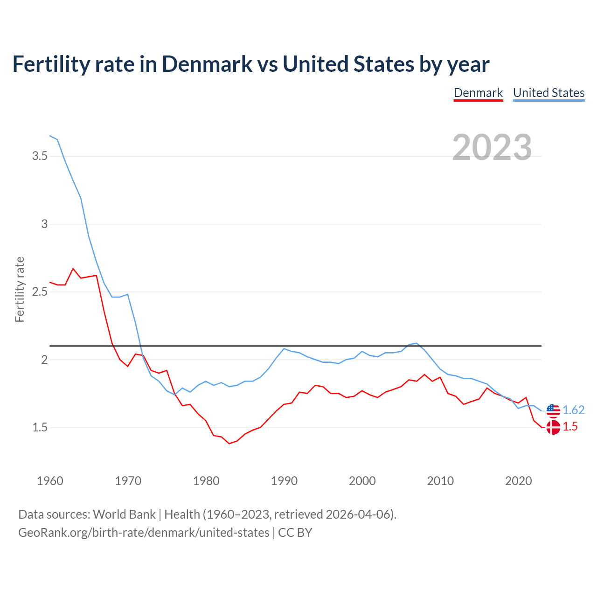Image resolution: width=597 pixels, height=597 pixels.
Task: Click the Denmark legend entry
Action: coord(478,93)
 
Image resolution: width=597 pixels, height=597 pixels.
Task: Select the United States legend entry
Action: coord(548,93)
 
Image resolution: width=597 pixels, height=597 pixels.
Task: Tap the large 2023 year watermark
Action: coord(492,147)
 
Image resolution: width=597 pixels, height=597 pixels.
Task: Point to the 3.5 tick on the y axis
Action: coord(40,156)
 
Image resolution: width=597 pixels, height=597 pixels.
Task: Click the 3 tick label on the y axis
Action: coord(45,224)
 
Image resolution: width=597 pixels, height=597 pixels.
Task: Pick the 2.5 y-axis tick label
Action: coord(40,292)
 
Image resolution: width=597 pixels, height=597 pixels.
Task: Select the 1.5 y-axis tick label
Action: coord(40,428)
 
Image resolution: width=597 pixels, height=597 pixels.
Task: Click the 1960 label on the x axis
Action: coord(50,481)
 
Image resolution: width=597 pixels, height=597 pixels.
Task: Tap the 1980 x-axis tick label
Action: coord(206,481)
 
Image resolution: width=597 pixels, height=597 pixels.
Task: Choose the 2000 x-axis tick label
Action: coord(362,481)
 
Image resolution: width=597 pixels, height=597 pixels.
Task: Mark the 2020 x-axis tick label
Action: coord(518,481)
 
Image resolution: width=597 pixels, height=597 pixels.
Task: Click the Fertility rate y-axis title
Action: coord(20,289)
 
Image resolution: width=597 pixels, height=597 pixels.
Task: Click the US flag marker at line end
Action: coord(553,410)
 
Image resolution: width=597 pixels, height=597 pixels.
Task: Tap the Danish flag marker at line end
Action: coord(553,427)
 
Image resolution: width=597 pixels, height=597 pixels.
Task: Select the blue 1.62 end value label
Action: coord(573,410)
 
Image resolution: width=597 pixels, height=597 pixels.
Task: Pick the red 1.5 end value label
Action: coord(570,427)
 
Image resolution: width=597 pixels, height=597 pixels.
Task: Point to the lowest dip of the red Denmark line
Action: coord(229,444)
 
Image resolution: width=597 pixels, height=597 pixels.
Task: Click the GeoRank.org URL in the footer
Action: coord(144,533)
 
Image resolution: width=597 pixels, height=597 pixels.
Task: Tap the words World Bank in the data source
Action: coord(124,514)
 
